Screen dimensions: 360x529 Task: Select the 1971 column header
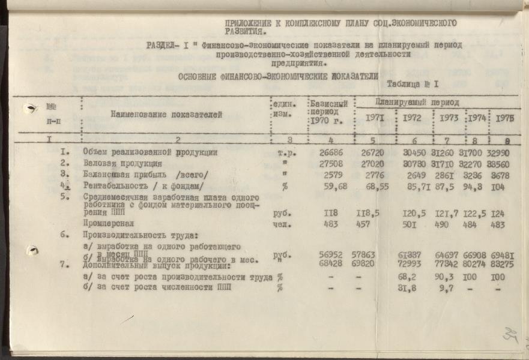(x=374, y=119)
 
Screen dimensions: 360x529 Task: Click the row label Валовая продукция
(x=123, y=163)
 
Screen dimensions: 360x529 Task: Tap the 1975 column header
(x=505, y=119)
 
